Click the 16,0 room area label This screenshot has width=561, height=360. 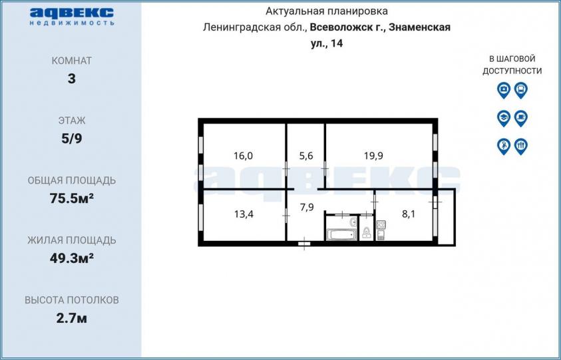pyautogui.click(x=244, y=156)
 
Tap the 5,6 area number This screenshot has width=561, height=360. pyautogui.click(x=306, y=156)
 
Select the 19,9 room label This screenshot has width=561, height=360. pyautogui.click(x=373, y=156)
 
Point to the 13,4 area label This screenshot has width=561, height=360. pyautogui.click(x=244, y=214)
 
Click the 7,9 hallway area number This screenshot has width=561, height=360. pyautogui.click(x=307, y=207)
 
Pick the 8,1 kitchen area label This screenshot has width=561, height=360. pyautogui.click(x=409, y=214)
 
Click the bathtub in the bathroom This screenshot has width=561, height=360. pyautogui.click(x=342, y=235)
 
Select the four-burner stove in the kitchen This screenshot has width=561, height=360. pyautogui.click(x=381, y=225)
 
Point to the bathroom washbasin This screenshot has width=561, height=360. pyautogui.click(x=353, y=222)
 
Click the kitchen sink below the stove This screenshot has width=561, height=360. pyautogui.click(x=380, y=235)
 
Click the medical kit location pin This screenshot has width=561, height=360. pyautogui.click(x=503, y=90)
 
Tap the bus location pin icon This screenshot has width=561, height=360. pyautogui.click(x=521, y=90)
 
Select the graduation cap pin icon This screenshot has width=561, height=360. pyautogui.click(x=503, y=118)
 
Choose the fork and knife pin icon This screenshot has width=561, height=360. pyautogui.click(x=521, y=146)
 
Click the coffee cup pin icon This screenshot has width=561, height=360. pyautogui.click(x=521, y=118)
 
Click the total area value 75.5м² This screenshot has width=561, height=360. pyautogui.click(x=72, y=198)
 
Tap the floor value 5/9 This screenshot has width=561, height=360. pyautogui.click(x=72, y=138)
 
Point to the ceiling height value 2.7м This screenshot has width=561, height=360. pyautogui.click(x=72, y=318)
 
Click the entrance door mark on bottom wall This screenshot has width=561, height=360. pyautogui.click(x=304, y=244)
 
